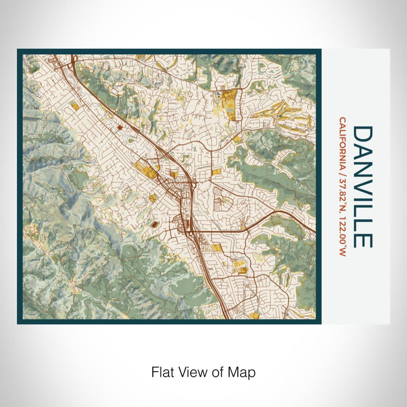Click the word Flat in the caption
tap(163, 371)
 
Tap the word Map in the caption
tap(244, 371)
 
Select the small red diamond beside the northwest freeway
tap(119, 126)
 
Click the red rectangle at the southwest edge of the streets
tap(155, 223)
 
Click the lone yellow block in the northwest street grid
tap(75, 106)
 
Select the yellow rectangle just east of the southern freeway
tap(217, 248)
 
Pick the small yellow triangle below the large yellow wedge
tap(237, 138)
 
